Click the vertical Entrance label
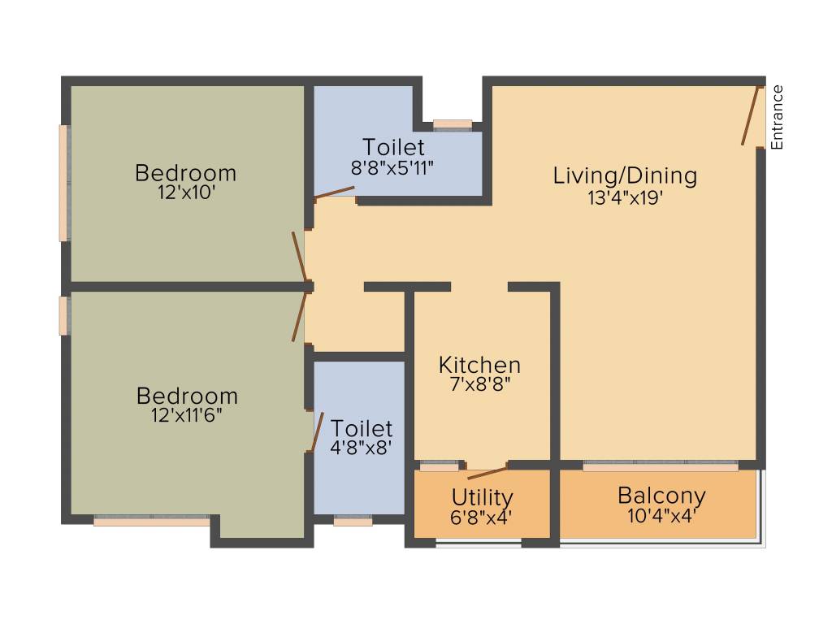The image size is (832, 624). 777,117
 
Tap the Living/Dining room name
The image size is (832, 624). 625,175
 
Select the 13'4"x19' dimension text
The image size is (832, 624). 626,197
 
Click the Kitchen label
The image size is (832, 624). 479,365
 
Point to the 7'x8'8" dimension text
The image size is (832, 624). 479,385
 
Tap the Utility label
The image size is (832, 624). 483,496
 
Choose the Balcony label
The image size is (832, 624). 661,495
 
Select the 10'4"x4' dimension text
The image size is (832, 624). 661,515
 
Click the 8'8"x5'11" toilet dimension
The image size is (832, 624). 393,168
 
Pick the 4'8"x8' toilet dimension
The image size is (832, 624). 362,448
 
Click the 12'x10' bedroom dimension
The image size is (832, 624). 186,194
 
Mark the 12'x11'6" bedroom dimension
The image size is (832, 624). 187,416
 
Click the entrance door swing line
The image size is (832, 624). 751,115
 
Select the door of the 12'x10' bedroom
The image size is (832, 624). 300,256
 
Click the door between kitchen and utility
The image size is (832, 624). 487,472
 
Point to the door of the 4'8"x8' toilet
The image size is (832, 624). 317,431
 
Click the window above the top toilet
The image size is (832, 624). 453,124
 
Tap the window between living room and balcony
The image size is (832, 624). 661,466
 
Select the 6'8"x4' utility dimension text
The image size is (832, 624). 483,516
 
